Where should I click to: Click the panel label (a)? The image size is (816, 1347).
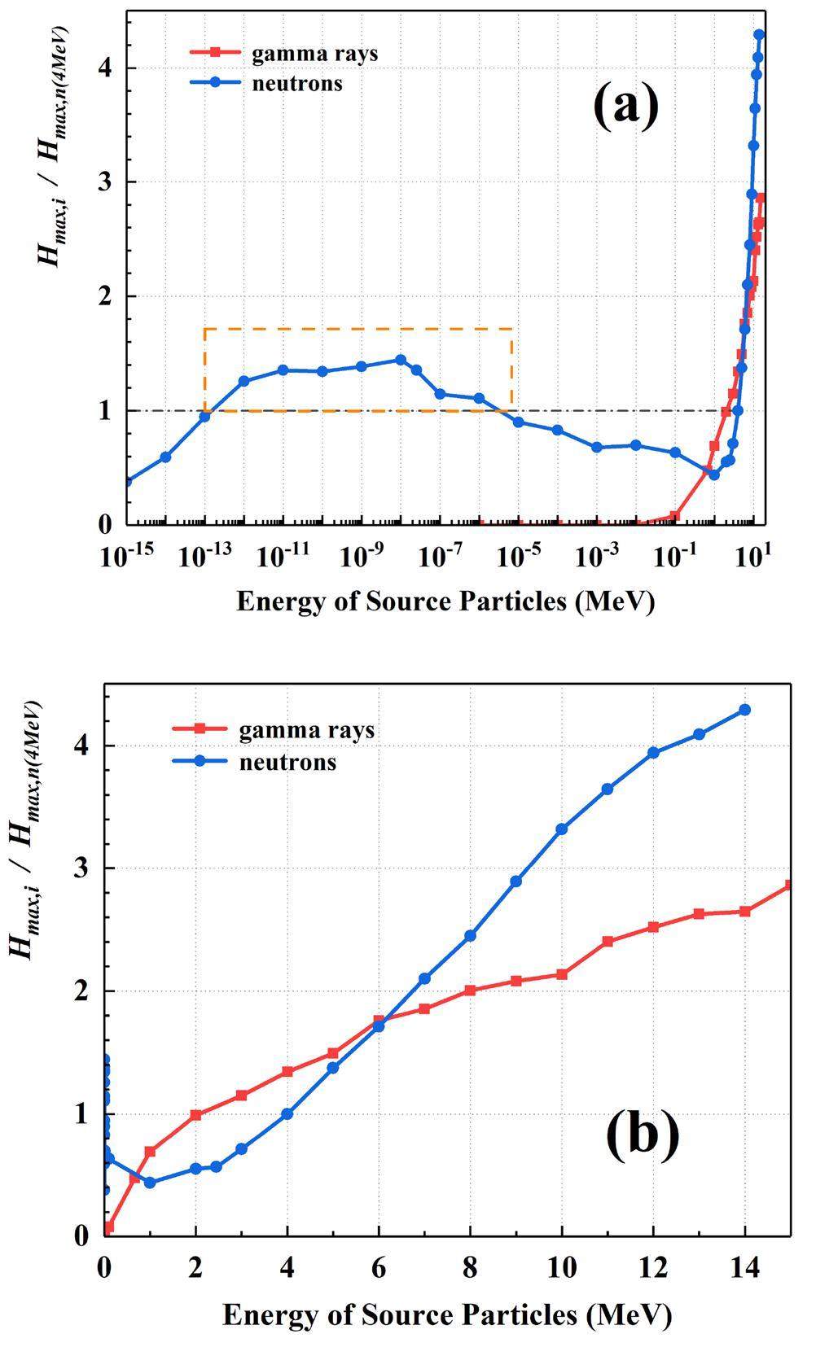[625, 107]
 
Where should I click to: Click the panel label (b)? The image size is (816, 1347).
[642, 1134]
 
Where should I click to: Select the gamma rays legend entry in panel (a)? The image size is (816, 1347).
[314, 55]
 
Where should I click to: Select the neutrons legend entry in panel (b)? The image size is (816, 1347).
[287, 763]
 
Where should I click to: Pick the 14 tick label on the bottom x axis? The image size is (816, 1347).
[744, 1267]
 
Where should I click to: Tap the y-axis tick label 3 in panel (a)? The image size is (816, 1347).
[104, 182]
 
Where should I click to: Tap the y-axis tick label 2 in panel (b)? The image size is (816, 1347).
[82, 991]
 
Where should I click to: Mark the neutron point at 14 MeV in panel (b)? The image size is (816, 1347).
[744, 710]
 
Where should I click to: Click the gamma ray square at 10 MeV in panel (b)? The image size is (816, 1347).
[561, 974]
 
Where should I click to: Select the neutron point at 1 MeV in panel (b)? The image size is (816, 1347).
[150, 1182]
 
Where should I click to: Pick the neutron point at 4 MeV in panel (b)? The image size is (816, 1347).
[287, 1113]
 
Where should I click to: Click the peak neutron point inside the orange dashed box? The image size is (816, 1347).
[400, 360]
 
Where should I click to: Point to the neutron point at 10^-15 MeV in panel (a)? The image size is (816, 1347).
[127, 481]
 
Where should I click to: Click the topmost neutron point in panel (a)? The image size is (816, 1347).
[759, 35]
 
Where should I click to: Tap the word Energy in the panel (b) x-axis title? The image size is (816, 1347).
[265, 1314]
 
